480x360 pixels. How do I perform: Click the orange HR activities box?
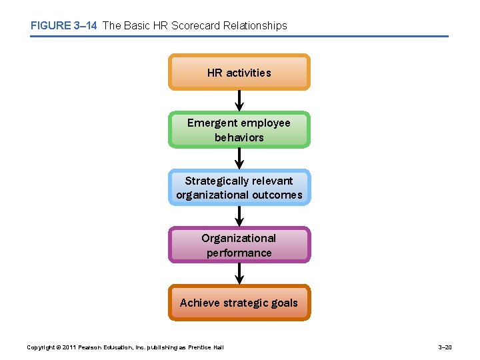pyautogui.click(x=239, y=72)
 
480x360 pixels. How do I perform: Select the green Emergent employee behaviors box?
pyautogui.click(x=239, y=129)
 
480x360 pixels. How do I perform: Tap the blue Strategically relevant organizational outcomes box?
pyautogui.click(x=239, y=187)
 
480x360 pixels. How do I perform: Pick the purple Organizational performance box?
pyautogui.click(x=239, y=245)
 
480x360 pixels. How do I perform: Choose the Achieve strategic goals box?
pyautogui.click(x=239, y=303)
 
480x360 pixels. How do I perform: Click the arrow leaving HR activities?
pyautogui.click(x=239, y=101)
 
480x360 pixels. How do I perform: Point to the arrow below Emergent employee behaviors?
pyautogui.click(x=239, y=159)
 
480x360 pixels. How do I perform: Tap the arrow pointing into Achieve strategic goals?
pyautogui.click(x=239, y=274)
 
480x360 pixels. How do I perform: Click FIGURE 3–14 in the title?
pyautogui.click(x=63, y=26)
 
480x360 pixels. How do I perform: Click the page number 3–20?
pyautogui.click(x=445, y=347)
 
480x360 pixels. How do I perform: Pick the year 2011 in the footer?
pyautogui.click(x=69, y=347)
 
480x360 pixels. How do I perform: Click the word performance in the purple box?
pyautogui.click(x=239, y=253)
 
